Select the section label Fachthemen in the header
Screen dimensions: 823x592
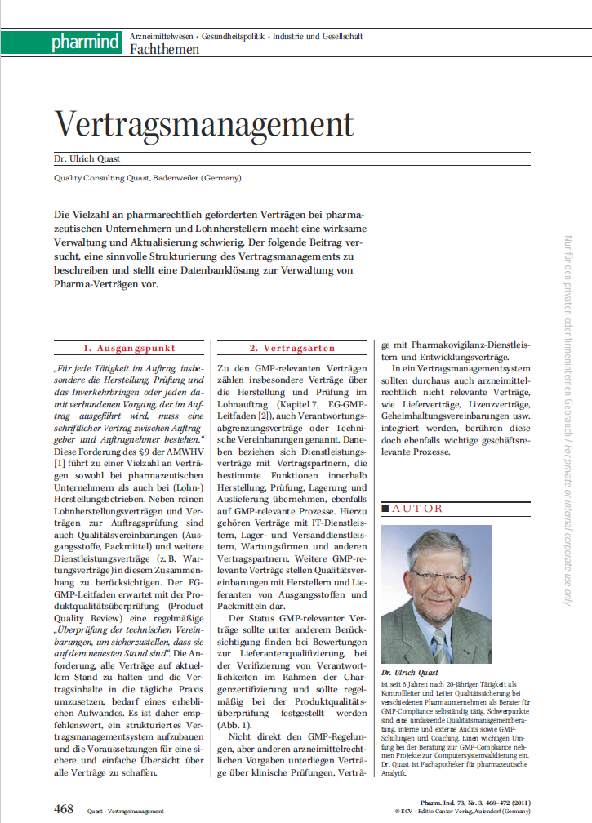click(164, 50)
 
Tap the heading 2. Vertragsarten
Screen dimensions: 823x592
click(289, 348)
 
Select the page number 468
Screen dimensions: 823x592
click(64, 807)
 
